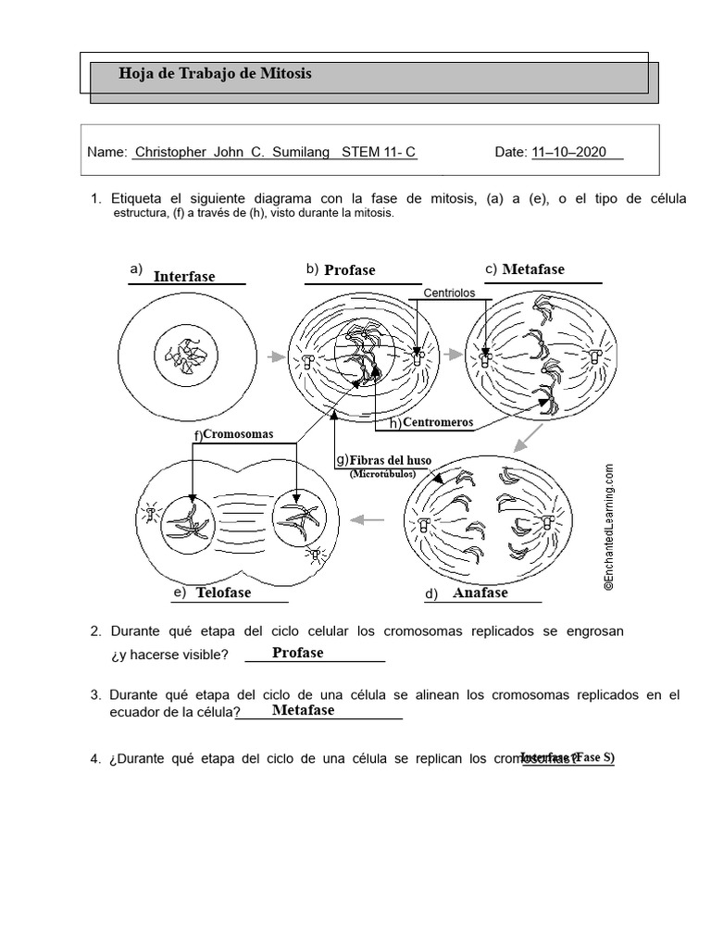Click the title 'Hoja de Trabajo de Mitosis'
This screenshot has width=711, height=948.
click(216, 74)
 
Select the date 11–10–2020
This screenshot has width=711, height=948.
click(569, 153)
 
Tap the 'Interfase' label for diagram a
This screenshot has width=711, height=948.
click(184, 276)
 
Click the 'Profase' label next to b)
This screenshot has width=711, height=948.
click(350, 270)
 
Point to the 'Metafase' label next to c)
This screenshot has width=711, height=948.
click(533, 269)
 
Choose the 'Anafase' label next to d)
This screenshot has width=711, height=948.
click(480, 592)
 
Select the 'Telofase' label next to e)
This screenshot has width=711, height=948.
click(223, 592)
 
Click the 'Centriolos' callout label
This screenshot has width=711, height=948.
click(449, 293)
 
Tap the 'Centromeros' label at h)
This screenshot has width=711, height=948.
click(438, 423)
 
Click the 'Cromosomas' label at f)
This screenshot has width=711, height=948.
click(238, 433)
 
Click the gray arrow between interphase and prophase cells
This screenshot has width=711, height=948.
click(274, 355)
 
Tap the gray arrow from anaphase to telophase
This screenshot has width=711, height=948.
click(369, 520)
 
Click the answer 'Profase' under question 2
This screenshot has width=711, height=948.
click(298, 653)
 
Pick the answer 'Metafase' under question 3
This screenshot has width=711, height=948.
click(304, 710)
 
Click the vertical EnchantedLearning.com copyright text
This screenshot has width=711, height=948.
click(609, 527)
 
